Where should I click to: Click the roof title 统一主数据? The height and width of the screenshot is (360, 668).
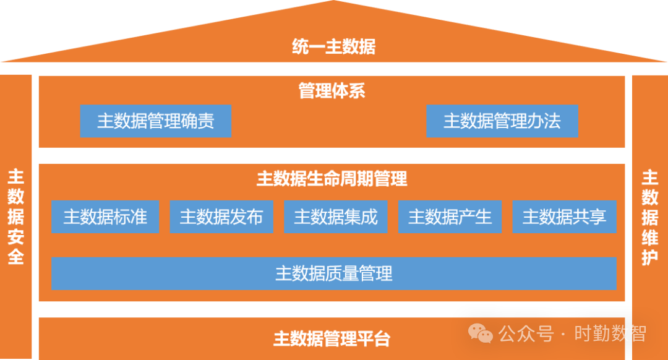[333, 46]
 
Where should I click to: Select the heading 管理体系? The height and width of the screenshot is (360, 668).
[332, 92]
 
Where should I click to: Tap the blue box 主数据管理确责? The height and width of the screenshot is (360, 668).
[155, 121]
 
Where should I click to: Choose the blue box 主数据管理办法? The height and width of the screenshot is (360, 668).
[502, 121]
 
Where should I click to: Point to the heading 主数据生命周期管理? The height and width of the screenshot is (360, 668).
[332, 179]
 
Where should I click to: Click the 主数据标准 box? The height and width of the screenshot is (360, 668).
[105, 217]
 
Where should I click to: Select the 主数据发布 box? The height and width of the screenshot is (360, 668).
[221, 217]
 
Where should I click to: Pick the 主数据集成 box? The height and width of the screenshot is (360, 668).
[335, 217]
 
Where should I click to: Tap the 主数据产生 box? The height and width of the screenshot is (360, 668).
[450, 217]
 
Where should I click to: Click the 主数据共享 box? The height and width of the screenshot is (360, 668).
[564, 217]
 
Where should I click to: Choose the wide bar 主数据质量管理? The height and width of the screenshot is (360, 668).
[333, 273]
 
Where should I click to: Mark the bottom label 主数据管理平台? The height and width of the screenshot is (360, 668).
[332, 339]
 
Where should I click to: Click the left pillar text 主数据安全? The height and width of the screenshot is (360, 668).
[15, 216]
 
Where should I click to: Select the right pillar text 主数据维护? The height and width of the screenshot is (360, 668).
[649, 216]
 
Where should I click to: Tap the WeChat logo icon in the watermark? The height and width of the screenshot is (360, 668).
[480, 334]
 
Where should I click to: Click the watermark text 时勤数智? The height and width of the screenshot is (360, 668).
[610, 334]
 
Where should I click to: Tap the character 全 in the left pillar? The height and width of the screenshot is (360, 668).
[15, 255]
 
